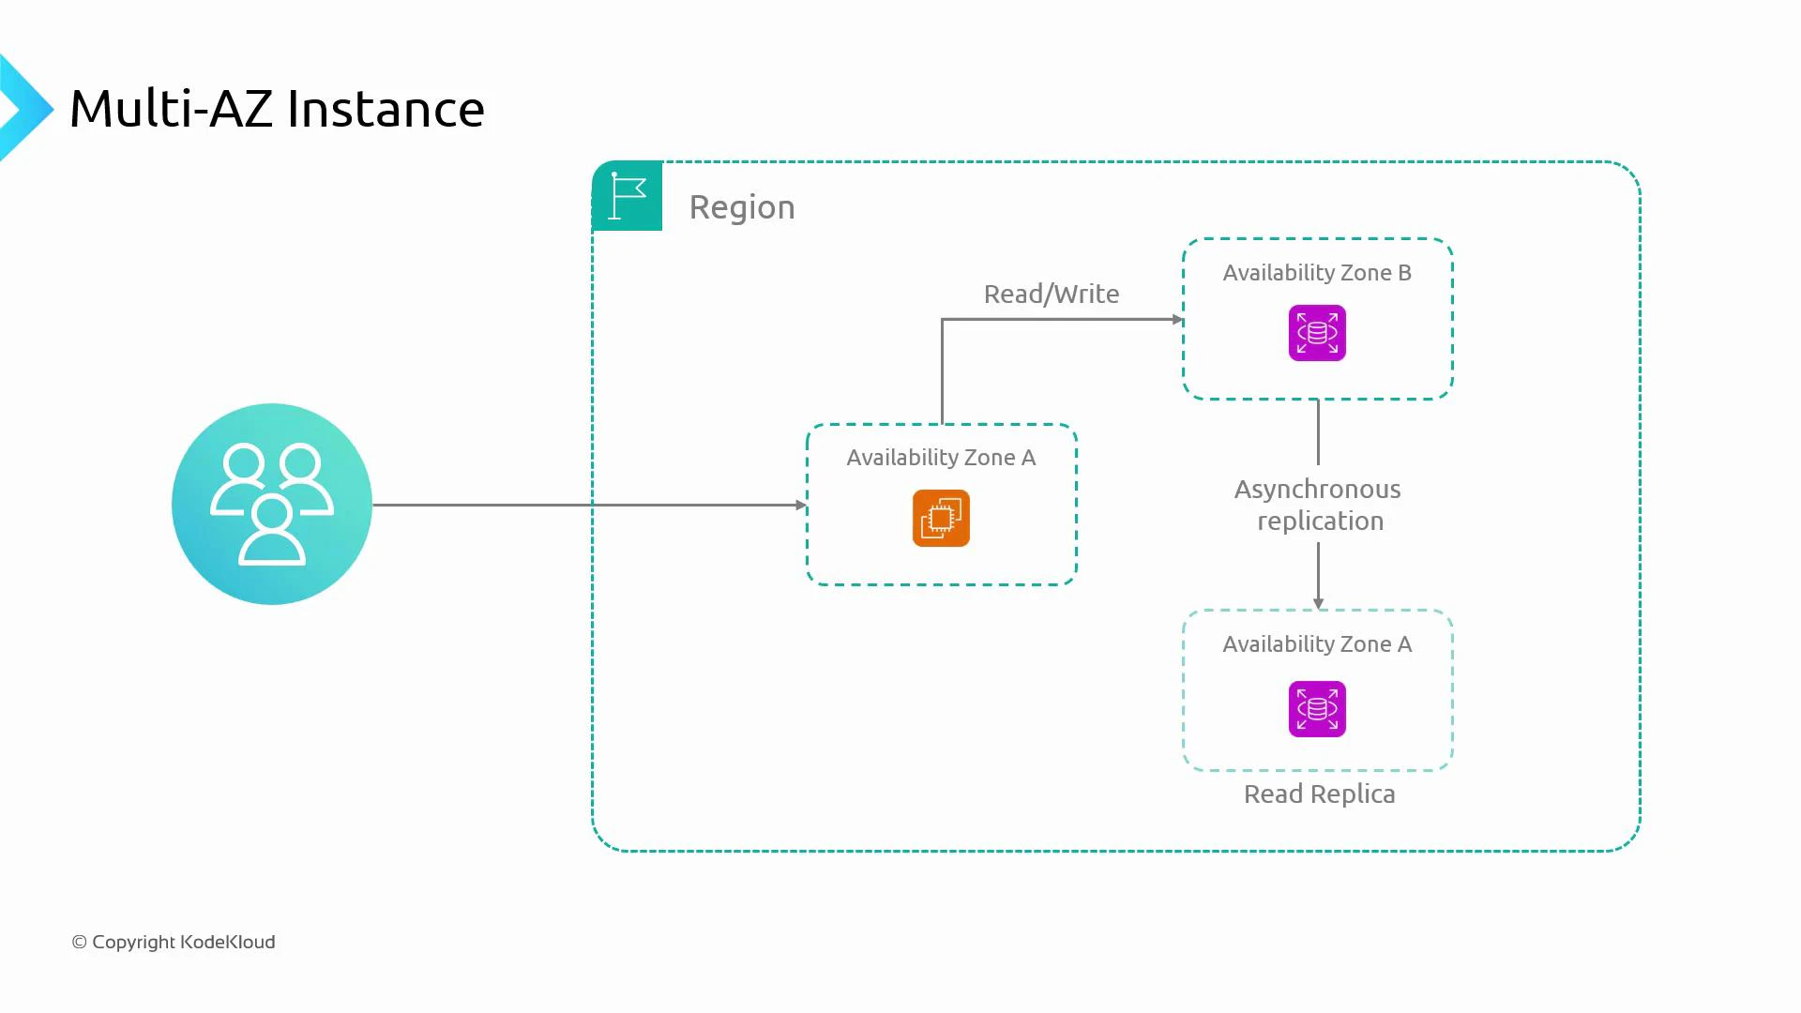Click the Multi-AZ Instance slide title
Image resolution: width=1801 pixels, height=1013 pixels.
click(x=277, y=109)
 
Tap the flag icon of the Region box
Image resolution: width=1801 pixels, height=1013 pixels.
click(x=628, y=196)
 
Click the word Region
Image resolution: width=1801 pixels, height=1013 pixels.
click(x=741, y=207)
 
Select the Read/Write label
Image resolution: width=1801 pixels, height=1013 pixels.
click(x=1051, y=295)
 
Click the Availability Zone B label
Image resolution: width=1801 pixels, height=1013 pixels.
click(x=1316, y=273)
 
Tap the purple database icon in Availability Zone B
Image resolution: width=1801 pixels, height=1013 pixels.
click(x=1317, y=333)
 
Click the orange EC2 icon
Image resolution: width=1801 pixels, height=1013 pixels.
click(x=941, y=518)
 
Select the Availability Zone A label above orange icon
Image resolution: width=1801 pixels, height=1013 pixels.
click(x=941, y=458)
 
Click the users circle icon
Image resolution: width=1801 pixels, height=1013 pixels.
click(x=272, y=504)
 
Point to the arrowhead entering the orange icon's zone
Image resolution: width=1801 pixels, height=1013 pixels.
click(x=801, y=505)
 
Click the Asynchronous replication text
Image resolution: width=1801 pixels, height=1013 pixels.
click(x=1318, y=505)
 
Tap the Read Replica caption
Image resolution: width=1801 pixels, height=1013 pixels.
click(x=1319, y=794)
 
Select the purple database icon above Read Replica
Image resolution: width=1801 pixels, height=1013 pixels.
click(x=1317, y=709)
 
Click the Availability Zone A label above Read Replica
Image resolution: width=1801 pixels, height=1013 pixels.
click(x=1316, y=644)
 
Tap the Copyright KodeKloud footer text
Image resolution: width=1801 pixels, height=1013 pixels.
click(x=174, y=942)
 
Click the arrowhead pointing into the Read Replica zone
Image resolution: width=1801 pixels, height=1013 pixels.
click(x=1318, y=604)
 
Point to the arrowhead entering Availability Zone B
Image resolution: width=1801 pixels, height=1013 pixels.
click(x=1177, y=320)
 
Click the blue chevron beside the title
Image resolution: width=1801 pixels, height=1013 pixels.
click(x=24, y=109)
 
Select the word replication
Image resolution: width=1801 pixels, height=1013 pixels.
click(x=1320, y=522)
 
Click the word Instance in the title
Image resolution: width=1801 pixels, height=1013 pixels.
click(x=385, y=109)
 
